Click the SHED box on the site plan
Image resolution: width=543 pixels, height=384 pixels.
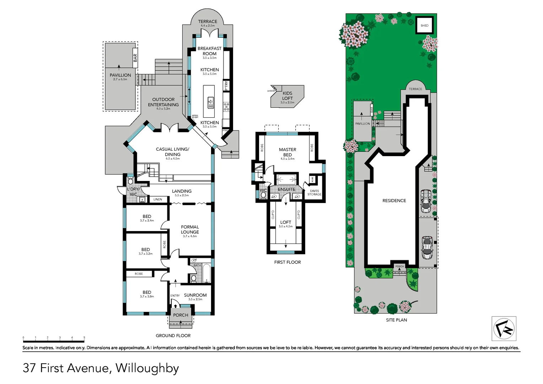click(424, 25)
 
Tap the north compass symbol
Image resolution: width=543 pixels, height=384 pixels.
click(504, 329)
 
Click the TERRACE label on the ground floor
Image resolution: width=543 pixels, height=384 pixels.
click(208, 22)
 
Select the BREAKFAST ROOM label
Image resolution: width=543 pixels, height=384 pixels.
click(209, 51)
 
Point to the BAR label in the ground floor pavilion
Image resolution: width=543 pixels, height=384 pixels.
click(135, 58)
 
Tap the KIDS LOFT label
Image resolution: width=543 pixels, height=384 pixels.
click(287, 96)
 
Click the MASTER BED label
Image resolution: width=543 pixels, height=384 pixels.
click(287, 152)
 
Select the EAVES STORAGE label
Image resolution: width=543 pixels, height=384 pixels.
click(314, 193)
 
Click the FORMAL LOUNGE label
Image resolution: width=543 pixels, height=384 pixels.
click(190, 229)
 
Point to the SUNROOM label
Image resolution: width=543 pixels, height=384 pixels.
click(195, 295)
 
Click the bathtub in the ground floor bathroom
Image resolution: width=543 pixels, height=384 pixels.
click(206, 274)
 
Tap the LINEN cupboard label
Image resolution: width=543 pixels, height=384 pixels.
click(158, 199)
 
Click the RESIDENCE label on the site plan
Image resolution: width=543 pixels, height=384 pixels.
click(394, 201)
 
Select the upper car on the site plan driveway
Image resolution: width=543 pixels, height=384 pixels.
click(426, 201)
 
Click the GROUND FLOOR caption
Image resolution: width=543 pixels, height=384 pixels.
click(173, 336)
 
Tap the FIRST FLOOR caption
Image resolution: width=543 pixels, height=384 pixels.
click(287, 262)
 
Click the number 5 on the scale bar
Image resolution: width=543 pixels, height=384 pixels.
click(84, 337)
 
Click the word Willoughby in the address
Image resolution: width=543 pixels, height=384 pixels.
click(147, 368)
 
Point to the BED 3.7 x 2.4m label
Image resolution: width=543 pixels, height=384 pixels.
click(147, 218)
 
